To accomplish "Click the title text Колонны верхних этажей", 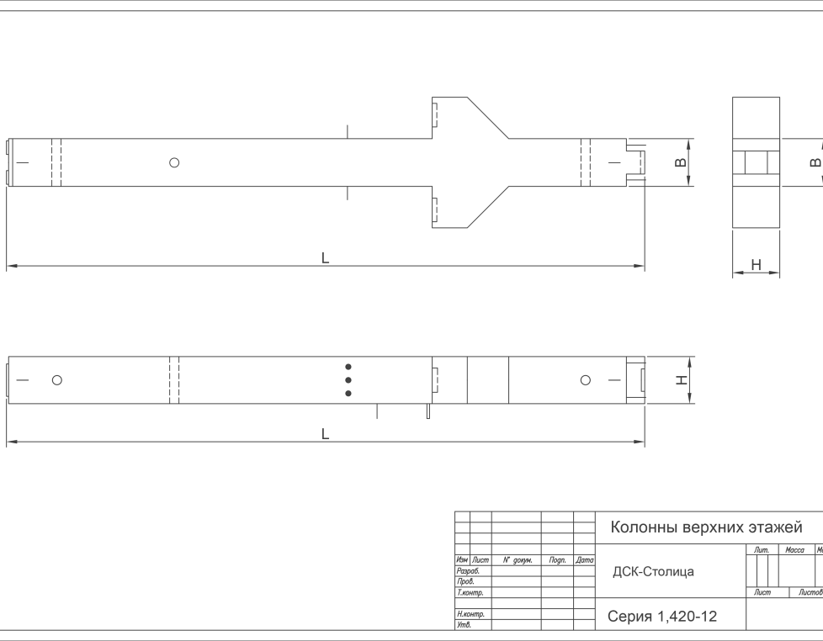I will tap(705, 527).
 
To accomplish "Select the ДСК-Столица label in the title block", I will tap(653, 572).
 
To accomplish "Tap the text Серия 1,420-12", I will tap(662, 617).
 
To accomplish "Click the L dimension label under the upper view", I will tap(325, 258).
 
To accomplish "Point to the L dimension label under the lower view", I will tap(325, 434).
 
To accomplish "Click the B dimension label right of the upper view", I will tap(681, 162).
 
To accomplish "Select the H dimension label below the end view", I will tap(756, 266).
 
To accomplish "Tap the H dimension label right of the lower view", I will tap(682, 380).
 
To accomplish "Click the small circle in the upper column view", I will tap(174, 162).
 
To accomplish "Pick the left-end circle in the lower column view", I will tap(57, 380).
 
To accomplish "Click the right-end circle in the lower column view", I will tap(586, 380).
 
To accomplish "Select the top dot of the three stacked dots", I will tap(348, 368).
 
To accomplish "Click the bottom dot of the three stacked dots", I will tap(348, 393).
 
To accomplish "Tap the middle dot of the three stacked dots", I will tap(348, 380).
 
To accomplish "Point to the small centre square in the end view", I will tap(755, 162).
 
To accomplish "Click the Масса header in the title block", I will tap(794, 550).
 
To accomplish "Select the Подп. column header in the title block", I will tap(557, 559).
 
